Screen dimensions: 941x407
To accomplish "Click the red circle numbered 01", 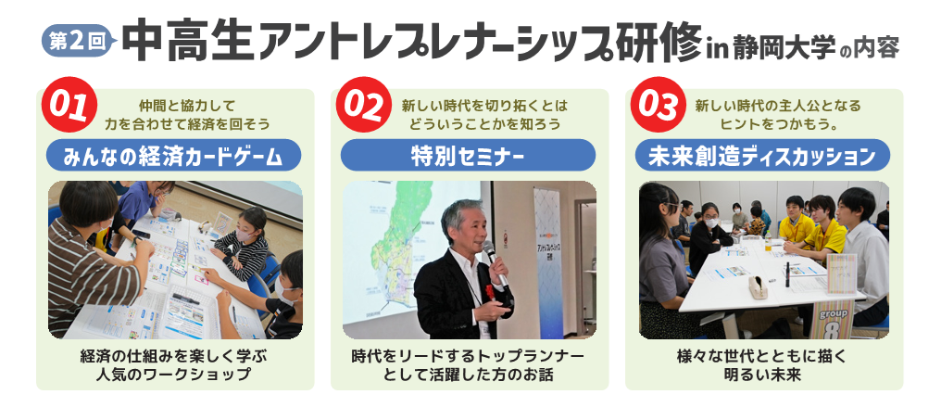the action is [x=69, y=105].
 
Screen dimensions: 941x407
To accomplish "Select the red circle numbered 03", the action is [x=658, y=105].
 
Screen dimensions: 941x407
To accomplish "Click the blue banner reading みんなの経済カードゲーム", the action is [x=173, y=156].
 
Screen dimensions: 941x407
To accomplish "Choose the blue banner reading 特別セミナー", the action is [x=468, y=156].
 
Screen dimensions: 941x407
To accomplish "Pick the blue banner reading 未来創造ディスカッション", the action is [x=763, y=156].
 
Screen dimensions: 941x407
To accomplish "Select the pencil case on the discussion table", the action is [x=758, y=288].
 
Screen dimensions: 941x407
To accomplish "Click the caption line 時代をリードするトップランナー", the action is [x=468, y=356].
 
